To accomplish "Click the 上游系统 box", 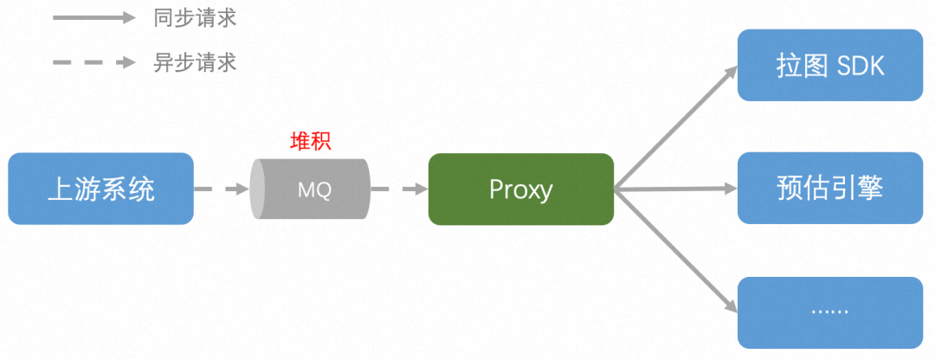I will [100, 189].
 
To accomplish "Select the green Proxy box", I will [520, 189].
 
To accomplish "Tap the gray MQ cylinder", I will [310, 189].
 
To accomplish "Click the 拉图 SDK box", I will [830, 65].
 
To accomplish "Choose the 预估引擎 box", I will [830, 189].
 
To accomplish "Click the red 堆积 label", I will [310, 142].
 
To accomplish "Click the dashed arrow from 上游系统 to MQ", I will [221, 189].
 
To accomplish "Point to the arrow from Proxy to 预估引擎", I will [675, 187].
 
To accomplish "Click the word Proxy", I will [520, 189].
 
